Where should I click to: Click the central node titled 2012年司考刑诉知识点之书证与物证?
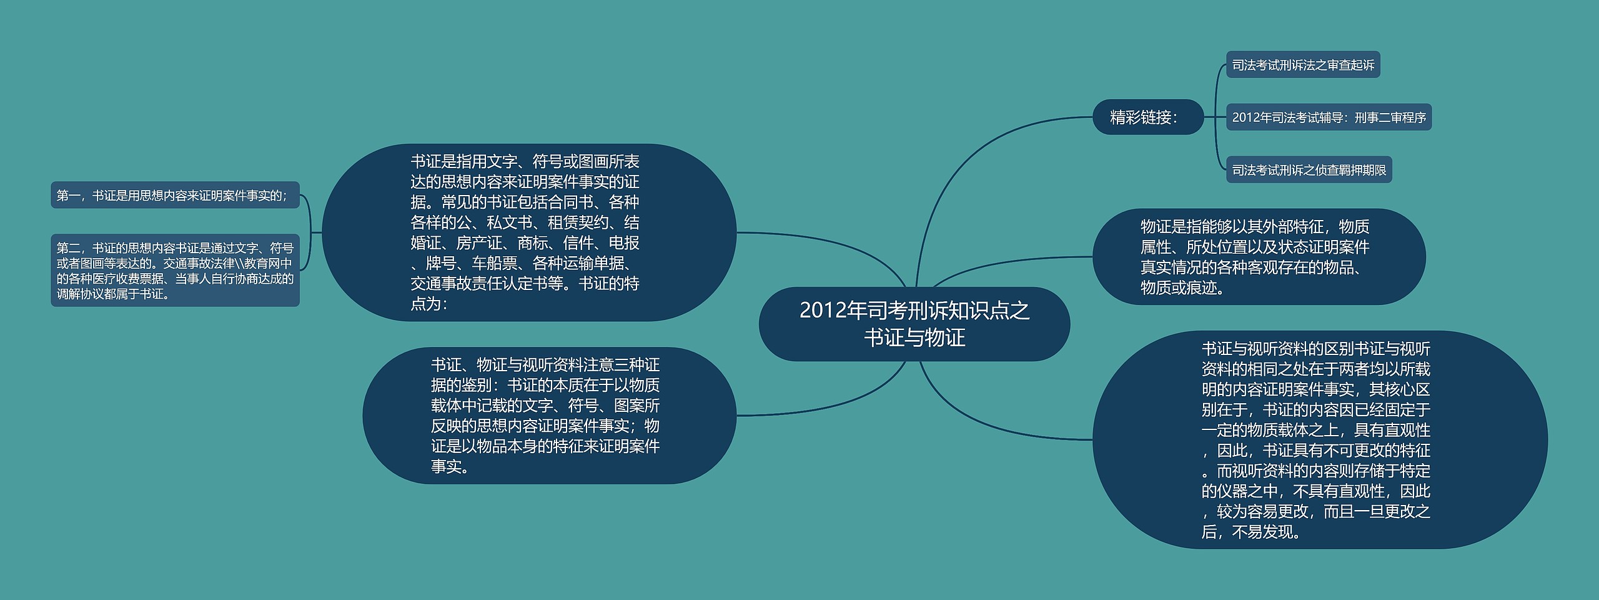point(914,324)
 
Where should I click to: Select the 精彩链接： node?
point(1147,117)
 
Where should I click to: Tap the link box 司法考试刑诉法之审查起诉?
point(1303,65)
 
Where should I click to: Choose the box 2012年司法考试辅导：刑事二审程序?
point(1329,117)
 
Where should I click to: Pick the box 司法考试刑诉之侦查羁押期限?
point(1309,170)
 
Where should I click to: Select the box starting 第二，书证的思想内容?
point(175,271)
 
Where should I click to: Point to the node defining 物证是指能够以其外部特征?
point(1259,256)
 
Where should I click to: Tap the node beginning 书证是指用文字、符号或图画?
point(528,232)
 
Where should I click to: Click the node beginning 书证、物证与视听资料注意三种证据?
point(549,416)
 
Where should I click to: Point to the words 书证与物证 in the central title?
point(914,338)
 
